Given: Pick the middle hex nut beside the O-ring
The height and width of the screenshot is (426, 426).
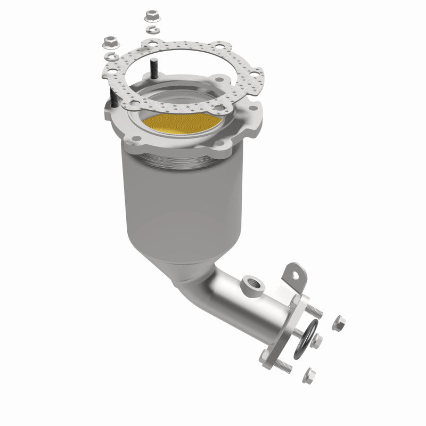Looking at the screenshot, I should coord(317,339).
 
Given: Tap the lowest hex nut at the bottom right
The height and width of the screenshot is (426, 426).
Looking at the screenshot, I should coord(308,375).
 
